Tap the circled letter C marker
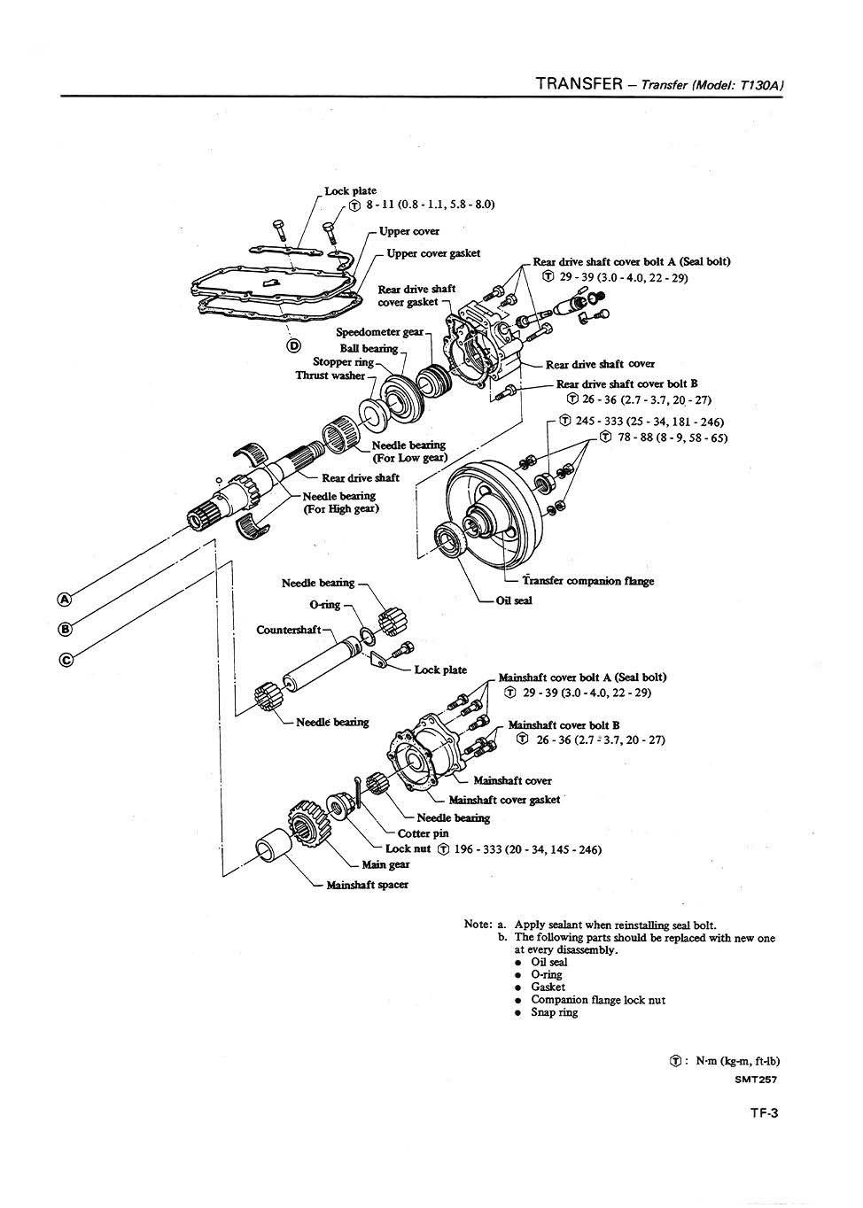[64, 658]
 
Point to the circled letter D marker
[293, 345]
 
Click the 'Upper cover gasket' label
[433, 253]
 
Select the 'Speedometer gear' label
[379, 332]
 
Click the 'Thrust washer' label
[330, 376]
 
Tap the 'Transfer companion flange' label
[587, 581]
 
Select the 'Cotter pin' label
[423, 833]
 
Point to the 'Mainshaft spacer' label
[367, 884]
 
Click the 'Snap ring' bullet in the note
[554, 1012]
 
